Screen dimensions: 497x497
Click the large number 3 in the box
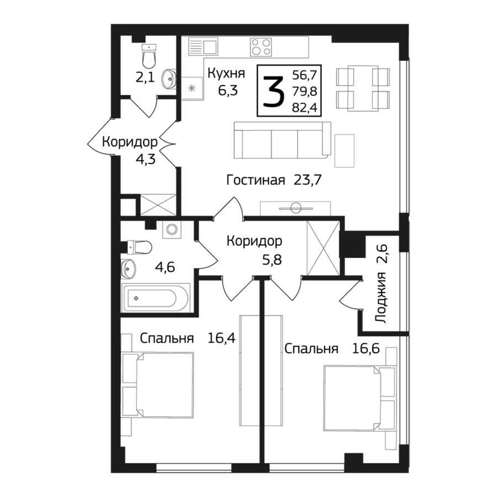[x=273, y=92]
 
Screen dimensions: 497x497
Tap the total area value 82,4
[x=304, y=108]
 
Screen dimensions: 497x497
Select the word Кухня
[x=226, y=73]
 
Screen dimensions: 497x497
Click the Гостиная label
[x=256, y=181]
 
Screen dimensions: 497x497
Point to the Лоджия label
[x=381, y=297]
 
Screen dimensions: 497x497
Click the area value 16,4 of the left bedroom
[x=221, y=338]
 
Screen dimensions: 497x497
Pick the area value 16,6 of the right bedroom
[x=366, y=348]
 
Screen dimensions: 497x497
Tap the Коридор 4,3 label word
[x=130, y=142]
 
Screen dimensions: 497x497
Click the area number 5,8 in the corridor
[x=272, y=260]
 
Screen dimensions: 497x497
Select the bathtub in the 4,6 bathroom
[x=156, y=299]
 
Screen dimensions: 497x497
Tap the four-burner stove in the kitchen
[x=261, y=46]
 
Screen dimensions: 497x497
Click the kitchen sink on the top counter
[x=203, y=46]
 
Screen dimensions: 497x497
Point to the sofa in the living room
[x=282, y=140]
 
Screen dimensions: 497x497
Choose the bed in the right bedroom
[x=359, y=399]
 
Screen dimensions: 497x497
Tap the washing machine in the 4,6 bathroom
[x=172, y=230]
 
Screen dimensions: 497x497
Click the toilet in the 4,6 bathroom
[x=139, y=247]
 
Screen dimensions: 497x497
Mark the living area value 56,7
[x=304, y=76]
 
